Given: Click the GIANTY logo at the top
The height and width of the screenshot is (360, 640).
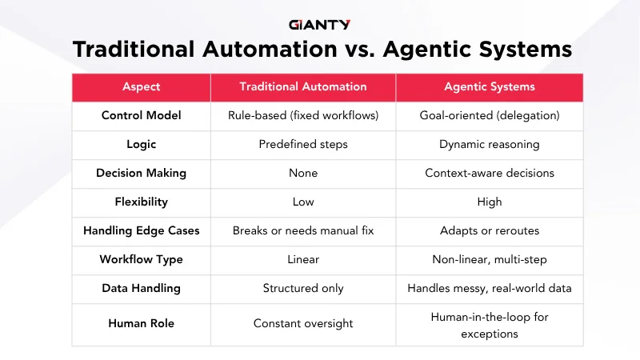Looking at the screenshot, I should coord(319,25).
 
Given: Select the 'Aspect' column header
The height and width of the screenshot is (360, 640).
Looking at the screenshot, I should coord(142,86).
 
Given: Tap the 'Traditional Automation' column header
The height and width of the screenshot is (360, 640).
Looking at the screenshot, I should coord(303,86).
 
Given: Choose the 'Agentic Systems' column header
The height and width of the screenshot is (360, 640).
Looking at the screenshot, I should coord(490,86).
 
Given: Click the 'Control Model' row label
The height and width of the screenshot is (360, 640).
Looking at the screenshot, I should coord(142,115).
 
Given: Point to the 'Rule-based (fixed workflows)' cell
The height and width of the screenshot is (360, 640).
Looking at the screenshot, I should coord(303,115).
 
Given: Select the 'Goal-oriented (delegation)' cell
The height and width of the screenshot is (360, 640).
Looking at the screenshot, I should coord(490,115).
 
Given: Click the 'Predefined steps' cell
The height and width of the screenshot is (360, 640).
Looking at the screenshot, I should coord(303,144).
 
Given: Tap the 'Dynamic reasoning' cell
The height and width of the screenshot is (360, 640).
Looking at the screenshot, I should coord(490,144).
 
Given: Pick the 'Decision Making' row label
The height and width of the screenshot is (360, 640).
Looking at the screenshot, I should coord(142,173).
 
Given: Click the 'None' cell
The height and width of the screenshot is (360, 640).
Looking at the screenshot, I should coord(303,173).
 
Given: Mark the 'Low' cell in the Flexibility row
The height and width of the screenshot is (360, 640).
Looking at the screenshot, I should coord(303,202).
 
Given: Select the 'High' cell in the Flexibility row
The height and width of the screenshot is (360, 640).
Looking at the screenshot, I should coord(490,202).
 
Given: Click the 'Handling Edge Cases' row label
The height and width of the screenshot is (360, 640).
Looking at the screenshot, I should coord(142,230).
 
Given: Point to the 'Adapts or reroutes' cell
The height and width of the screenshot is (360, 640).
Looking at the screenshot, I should coord(490,230).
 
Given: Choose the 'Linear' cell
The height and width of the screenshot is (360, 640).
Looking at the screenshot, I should coord(303,259).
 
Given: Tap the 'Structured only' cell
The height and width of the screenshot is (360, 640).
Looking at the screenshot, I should coord(303,288).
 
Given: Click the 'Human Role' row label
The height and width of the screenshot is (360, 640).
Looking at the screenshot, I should coord(142,323).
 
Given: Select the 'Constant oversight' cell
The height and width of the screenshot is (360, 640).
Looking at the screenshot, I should coord(303,323).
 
